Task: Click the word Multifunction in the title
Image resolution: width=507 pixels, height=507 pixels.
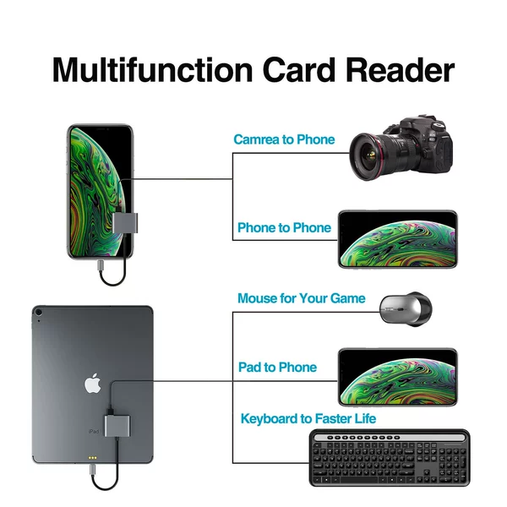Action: [x=152, y=70]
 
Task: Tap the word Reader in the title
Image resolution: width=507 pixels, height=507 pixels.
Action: [x=401, y=70]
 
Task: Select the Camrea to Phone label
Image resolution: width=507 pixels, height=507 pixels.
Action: [x=284, y=139]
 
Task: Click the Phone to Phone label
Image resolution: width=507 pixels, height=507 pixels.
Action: [x=284, y=227]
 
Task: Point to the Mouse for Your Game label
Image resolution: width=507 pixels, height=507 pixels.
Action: [x=302, y=298]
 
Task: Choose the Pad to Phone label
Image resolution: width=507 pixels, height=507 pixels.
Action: [x=277, y=367]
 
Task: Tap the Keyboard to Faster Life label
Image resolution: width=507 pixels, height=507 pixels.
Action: [x=308, y=418]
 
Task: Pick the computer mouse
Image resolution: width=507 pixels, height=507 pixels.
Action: [x=406, y=309]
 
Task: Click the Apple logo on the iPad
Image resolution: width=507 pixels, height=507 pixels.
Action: [x=93, y=383]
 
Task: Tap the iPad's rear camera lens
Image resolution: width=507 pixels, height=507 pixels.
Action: [x=39, y=313]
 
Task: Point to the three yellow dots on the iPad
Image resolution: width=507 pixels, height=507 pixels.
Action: [x=92, y=458]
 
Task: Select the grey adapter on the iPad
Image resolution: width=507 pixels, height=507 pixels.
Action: [x=117, y=426]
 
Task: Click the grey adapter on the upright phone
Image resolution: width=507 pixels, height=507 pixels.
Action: [x=125, y=223]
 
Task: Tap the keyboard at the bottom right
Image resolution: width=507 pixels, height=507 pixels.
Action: [x=390, y=458]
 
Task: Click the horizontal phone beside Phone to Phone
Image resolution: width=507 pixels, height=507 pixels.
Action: [x=398, y=239]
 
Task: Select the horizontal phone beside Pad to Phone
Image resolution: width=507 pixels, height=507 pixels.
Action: [x=398, y=378]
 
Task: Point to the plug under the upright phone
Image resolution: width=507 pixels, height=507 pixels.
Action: [x=101, y=266]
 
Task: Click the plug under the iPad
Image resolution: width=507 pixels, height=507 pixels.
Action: [x=93, y=469]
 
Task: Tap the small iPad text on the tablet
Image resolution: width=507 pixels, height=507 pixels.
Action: [x=93, y=431]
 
